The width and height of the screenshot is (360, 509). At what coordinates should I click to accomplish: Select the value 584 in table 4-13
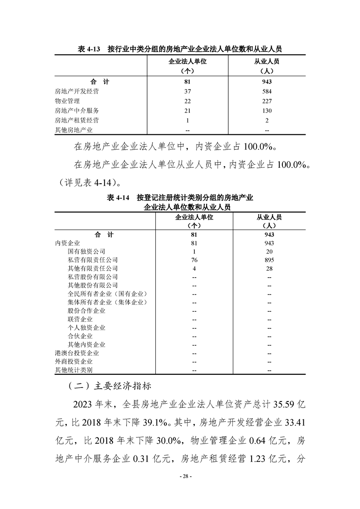[x=267, y=91]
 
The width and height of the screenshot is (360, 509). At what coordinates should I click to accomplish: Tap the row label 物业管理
[x=67, y=101]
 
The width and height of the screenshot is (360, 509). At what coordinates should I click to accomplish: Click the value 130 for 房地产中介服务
[x=267, y=111]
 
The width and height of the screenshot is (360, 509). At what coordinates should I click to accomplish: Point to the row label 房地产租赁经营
[x=77, y=120]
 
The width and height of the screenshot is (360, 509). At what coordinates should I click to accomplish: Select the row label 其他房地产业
[x=74, y=130]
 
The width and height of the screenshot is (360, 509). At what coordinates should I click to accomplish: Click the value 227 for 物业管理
[x=267, y=101]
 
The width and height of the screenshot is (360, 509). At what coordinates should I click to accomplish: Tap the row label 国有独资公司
[x=86, y=251]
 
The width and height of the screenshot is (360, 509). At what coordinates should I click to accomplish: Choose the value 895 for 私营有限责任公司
[x=269, y=260]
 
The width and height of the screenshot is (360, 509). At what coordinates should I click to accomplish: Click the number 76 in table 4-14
[x=194, y=260]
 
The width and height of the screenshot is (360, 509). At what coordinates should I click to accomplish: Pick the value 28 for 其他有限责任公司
[x=269, y=269]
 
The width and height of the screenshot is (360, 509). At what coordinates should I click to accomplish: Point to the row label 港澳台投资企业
[x=77, y=353]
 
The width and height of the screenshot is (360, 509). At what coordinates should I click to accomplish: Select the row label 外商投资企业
[x=74, y=362]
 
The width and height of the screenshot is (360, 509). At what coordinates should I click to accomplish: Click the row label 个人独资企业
[x=86, y=328]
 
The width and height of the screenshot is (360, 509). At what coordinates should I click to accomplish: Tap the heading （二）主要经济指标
[x=112, y=387]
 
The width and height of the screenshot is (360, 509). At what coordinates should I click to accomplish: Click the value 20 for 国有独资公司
[x=269, y=251]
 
